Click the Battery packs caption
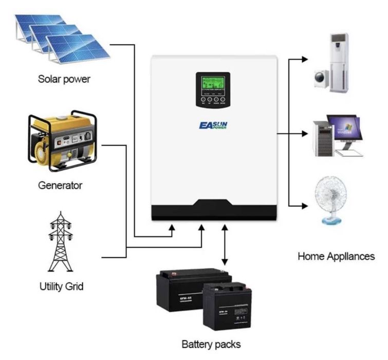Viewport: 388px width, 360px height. pos(211,343)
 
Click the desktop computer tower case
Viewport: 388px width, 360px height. pos(324,137)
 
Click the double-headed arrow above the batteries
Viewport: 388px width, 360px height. pos(225,246)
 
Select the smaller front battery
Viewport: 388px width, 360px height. pos(226,306)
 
